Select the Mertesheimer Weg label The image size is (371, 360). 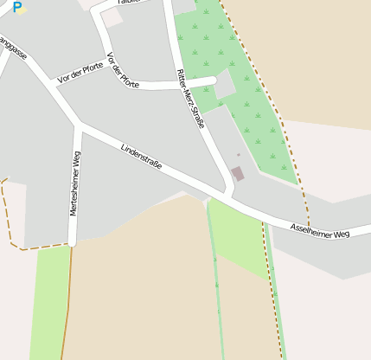[75, 183]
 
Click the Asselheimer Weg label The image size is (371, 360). [320, 231]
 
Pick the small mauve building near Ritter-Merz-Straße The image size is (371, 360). [237, 174]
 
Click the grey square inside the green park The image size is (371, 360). [224, 85]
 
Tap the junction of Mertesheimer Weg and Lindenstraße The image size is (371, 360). [78, 126]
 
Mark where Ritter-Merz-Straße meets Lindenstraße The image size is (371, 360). [229, 191]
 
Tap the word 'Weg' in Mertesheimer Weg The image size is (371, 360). [76, 160]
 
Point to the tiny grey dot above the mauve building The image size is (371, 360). [238, 155]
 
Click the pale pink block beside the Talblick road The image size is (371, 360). [112, 17]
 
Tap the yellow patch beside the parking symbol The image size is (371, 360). [22, 10]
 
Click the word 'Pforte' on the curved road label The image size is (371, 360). [130, 80]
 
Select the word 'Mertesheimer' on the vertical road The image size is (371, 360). [75, 194]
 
